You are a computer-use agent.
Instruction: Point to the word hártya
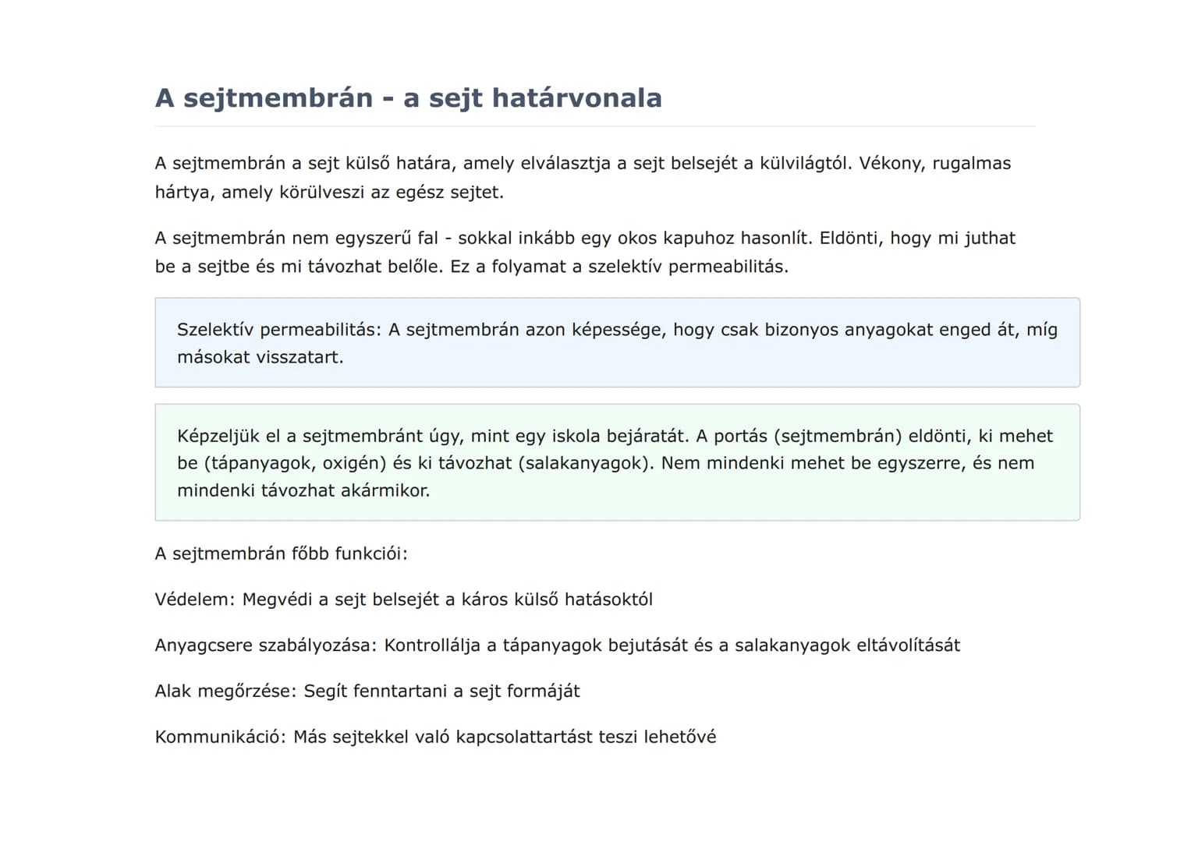183,193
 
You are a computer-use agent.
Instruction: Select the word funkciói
371,554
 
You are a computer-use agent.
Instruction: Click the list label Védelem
194,600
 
